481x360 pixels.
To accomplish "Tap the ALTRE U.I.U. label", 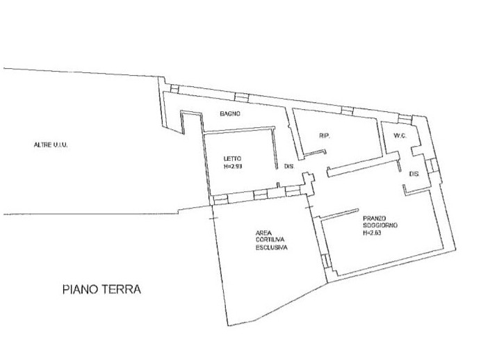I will point(54,145).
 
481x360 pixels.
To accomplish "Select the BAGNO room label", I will point(229,114).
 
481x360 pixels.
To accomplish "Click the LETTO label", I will point(232,158).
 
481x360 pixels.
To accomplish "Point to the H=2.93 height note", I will point(235,167).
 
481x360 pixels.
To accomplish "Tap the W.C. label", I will point(399,135).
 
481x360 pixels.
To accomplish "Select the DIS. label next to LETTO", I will point(290,167).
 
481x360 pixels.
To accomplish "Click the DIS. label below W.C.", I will point(414,173).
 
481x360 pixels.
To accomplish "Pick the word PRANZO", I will point(373,218).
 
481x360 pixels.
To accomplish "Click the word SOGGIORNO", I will point(378,226).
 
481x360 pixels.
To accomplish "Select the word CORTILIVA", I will point(268,240).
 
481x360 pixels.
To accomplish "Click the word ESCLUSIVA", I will point(271,247).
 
